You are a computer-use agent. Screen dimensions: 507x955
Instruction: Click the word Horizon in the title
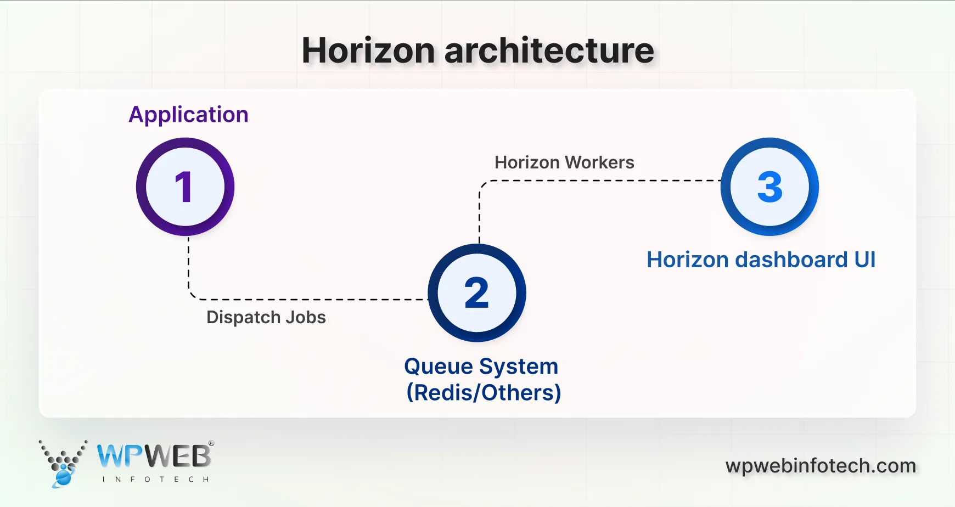(x=368, y=50)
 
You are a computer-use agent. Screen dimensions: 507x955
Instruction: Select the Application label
(x=188, y=115)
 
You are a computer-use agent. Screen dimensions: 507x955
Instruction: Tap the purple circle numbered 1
(x=185, y=187)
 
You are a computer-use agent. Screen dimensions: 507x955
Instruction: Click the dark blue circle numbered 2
(x=476, y=292)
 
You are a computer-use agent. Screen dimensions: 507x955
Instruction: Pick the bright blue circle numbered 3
(x=769, y=187)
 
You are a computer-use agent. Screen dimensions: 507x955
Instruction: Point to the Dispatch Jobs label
(x=266, y=317)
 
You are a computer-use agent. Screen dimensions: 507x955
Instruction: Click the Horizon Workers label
(x=564, y=162)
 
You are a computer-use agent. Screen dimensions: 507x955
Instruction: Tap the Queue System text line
(x=481, y=366)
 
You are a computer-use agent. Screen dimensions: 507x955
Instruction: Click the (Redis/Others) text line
(x=484, y=393)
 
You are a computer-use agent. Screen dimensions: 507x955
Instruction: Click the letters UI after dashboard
(x=864, y=260)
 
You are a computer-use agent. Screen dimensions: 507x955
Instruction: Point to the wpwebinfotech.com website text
(x=821, y=466)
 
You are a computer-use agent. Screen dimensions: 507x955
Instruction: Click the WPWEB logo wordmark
(x=154, y=456)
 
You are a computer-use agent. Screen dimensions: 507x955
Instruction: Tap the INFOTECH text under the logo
(x=155, y=479)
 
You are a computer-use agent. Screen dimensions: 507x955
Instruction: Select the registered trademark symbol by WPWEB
(x=211, y=443)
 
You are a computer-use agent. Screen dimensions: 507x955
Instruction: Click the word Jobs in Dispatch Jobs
(x=305, y=317)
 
